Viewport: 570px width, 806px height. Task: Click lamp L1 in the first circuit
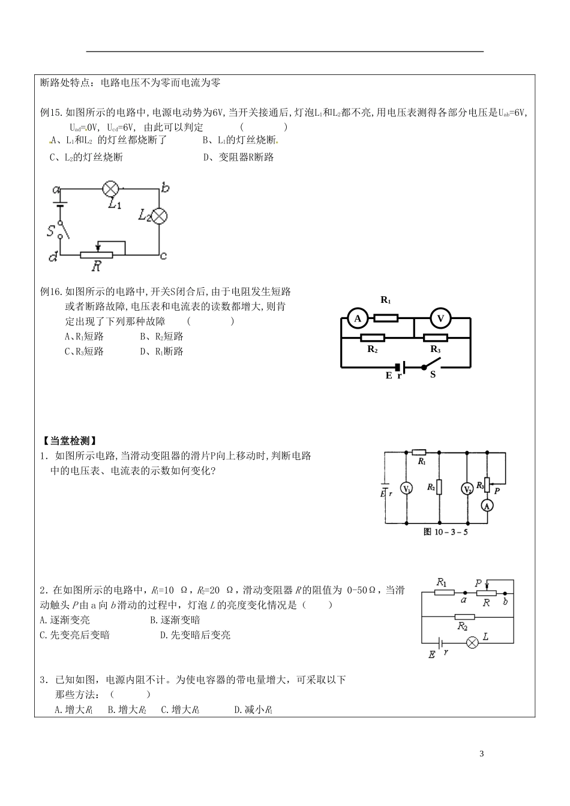click(111, 188)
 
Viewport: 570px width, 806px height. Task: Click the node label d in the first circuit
click(53, 257)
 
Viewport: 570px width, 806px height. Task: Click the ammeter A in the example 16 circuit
click(358, 318)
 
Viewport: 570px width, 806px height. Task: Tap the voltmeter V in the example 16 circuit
click(441, 318)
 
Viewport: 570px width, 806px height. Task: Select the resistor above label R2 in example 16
click(373, 338)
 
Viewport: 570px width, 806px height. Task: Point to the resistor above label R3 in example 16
click(436, 338)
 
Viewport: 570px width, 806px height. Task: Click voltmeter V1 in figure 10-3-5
click(407, 489)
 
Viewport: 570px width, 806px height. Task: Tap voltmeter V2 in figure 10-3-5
click(467, 489)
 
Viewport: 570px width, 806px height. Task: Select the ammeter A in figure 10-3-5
click(488, 506)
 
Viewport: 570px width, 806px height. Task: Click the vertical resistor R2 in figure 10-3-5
click(440, 486)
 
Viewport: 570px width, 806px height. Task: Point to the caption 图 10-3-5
click(445, 531)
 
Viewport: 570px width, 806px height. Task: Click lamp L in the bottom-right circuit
click(472, 643)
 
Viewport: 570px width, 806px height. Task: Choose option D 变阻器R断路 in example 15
click(238, 157)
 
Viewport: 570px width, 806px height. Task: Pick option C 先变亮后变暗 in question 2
click(74, 634)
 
